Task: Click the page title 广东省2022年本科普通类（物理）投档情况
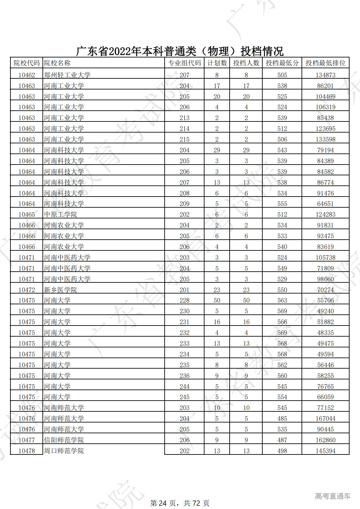coord(180,51)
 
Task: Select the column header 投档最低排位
coord(325,63)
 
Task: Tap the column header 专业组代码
coord(184,63)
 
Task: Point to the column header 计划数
coord(217,63)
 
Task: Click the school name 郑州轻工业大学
coord(67,75)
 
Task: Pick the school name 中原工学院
coord(60,215)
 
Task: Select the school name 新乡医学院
coord(60,290)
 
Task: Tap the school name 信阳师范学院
coord(64,440)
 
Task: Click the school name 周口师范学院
coord(64,451)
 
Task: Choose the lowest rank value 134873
coord(325,75)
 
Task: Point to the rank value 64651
coord(325,204)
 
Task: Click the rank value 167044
coord(325,419)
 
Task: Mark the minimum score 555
coord(282,204)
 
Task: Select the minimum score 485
coord(282,419)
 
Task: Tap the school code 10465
coord(26,215)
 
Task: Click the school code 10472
coord(26,290)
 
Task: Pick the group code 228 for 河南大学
coord(184,300)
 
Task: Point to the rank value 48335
coord(325,333)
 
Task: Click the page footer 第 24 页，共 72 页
coord(180,503)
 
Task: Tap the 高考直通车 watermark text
coord(333,496)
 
